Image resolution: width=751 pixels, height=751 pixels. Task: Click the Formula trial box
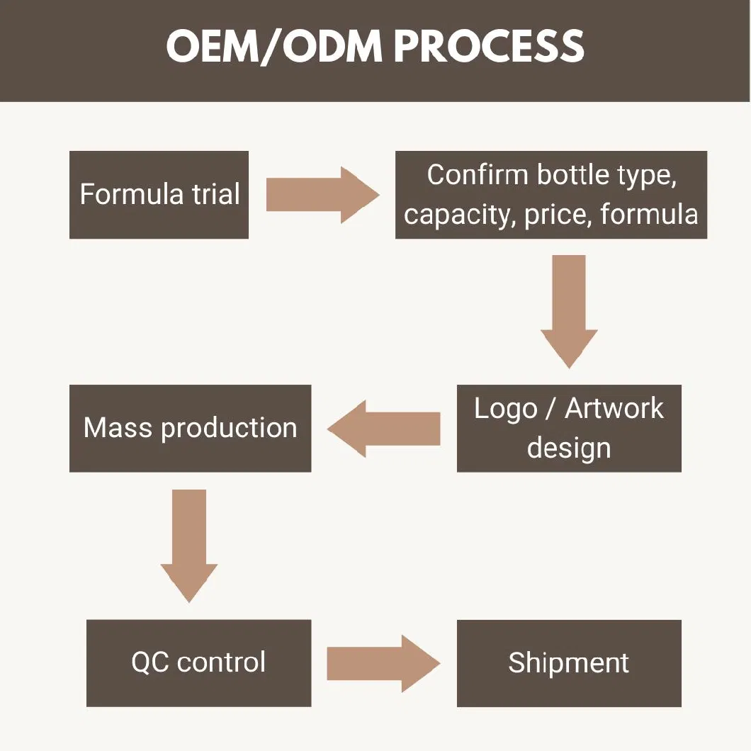[159, 194]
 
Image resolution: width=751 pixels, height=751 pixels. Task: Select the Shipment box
[569, 663]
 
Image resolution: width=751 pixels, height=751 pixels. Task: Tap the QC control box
[199, 663]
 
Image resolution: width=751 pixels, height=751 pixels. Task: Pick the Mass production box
[190, 428]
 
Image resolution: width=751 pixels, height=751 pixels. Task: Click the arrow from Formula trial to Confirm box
[323, 195]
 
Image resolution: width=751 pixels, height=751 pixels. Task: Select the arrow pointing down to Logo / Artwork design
[569, 311]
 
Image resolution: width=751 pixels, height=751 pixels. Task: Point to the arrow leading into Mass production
[383, 429]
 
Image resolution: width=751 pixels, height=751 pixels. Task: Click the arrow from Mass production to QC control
[189, 546]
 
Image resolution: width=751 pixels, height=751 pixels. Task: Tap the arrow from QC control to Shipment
[383, 664]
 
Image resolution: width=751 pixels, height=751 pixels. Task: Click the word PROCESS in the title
[489, 45]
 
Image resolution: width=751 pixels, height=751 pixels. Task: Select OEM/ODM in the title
[274, 47]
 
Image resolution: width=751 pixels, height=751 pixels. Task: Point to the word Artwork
[614, 409]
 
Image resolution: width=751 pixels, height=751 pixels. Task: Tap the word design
[569, 449]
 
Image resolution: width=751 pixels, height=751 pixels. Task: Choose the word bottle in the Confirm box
[573, 174]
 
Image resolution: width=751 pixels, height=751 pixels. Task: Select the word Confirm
[478, 174]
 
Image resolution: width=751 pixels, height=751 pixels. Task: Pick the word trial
[216, 194]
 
